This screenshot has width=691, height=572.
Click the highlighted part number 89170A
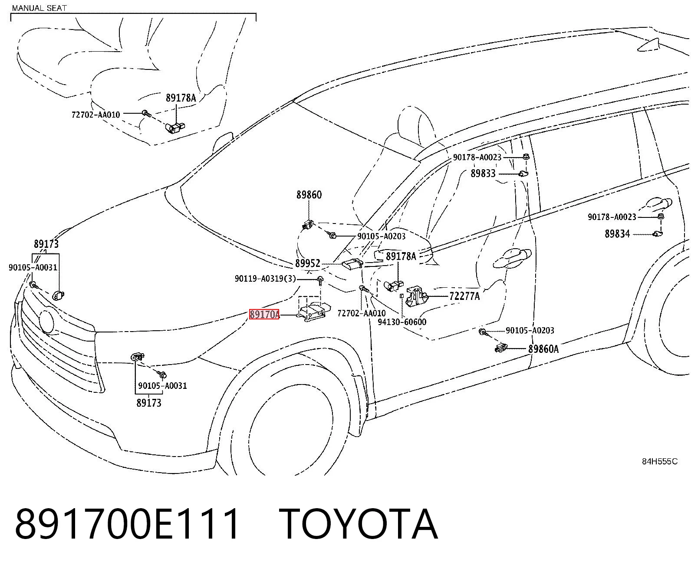tap(264, 314)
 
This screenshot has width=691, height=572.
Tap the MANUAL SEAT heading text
tap(39, 8)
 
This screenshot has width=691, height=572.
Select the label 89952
tap(308, 263)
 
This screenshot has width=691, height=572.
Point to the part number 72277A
tap(464, 296)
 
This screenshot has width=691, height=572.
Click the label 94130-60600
tap(402, 322)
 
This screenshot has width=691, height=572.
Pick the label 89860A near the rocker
tap(543, 349)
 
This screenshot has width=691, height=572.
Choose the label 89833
tap(483, 174)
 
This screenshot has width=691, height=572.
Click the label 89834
tap(617, 234)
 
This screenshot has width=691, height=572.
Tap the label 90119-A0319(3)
tap(265, 279)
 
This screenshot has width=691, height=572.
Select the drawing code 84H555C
tap(660, 461)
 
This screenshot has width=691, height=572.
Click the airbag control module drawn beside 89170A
tap(313, 313)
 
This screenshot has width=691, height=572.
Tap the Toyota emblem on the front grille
tap(46, 322)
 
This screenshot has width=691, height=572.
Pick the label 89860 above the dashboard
tap(309, 195)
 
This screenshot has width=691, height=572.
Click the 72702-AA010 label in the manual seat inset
tap(95, 115)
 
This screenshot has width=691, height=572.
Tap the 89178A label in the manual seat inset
tap(181, 98)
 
